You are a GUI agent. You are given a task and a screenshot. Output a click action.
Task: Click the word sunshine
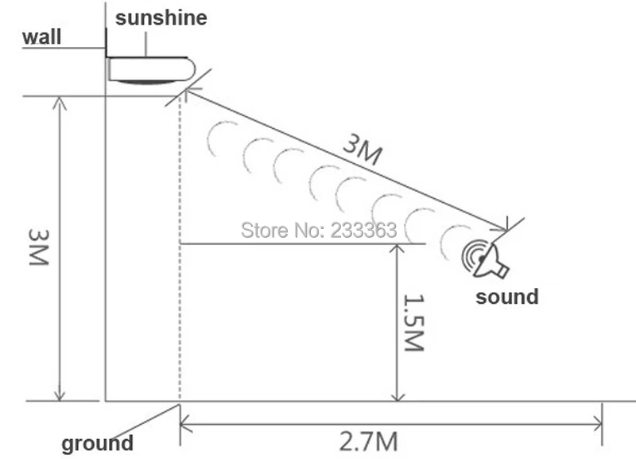[161, 18]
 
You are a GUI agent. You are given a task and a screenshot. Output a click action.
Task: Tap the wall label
[42, 37]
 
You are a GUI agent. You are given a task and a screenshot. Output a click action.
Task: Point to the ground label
[97, 444]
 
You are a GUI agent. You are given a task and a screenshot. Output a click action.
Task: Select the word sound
[506, 297]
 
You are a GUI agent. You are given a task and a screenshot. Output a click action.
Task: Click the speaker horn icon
[485, 259]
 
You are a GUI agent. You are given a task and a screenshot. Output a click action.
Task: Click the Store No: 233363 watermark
[318, 231]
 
